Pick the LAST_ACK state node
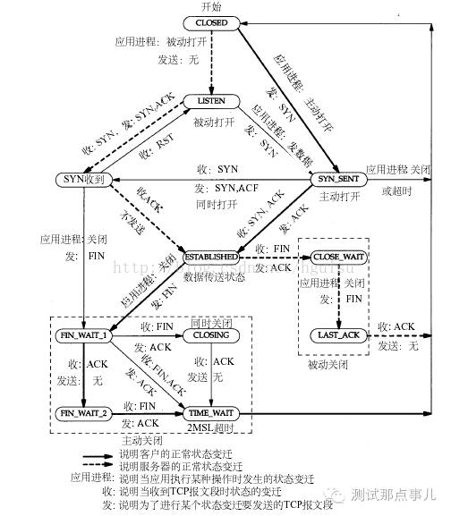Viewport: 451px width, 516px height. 339,334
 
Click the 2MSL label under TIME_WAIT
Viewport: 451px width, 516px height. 212,427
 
